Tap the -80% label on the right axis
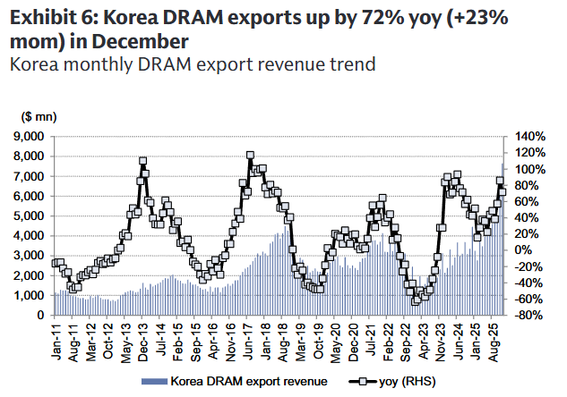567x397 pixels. pyautogui.click(x=528, y=316)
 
